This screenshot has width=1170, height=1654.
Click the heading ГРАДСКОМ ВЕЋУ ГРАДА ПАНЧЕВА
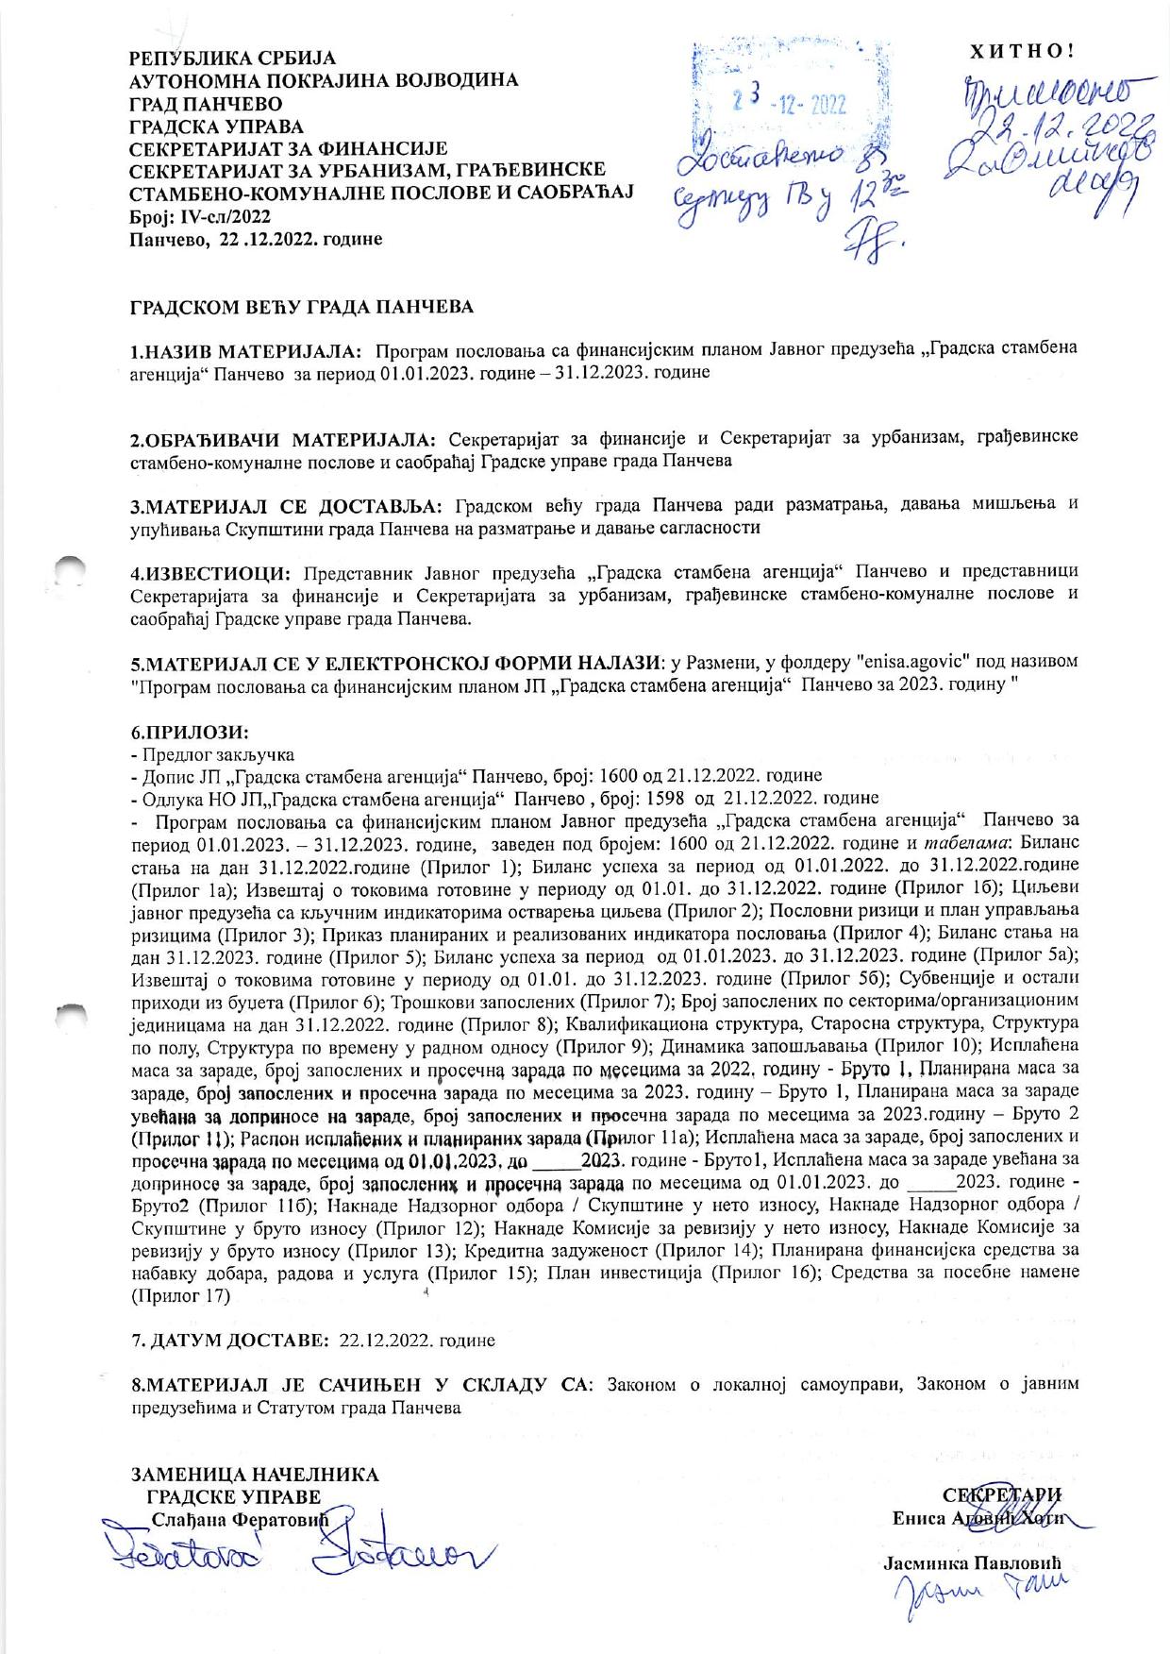(x=302, y=308)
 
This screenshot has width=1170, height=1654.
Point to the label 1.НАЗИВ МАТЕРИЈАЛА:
(x=246, y=352)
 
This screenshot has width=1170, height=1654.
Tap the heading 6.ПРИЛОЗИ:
(x=190, y=733)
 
